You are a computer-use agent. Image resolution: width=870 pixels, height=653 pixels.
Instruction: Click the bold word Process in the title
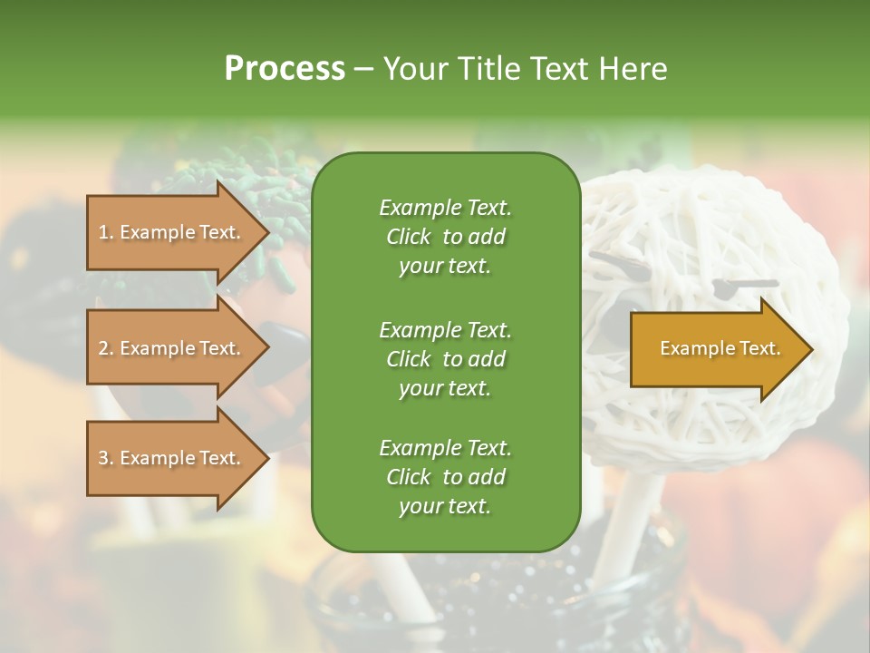[285, 69]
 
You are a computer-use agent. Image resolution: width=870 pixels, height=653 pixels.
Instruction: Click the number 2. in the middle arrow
[105, 348]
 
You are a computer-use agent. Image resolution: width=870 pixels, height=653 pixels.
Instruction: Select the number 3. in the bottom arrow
[105, 458]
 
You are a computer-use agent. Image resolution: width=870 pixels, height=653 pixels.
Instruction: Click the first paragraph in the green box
[445, 237]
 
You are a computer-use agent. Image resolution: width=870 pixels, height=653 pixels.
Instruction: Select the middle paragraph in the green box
[445, 358]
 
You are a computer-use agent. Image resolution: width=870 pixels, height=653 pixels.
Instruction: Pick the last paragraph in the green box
[445, 477]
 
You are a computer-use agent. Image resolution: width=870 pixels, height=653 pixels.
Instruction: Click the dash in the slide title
[364, 69]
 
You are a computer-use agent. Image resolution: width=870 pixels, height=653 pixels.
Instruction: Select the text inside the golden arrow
[720, 349]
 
